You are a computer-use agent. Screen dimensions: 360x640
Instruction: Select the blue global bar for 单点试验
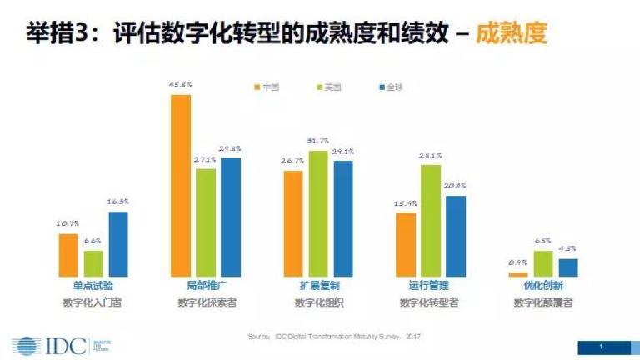click(x=118, y=243)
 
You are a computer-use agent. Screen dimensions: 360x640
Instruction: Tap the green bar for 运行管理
click(x=430, y=220)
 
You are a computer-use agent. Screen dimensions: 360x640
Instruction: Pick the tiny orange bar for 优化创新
click(x=518, y=273)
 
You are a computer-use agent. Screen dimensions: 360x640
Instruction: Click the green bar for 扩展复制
click(x=318, y=213)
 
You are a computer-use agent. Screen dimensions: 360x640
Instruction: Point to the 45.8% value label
click(x=181, y=85)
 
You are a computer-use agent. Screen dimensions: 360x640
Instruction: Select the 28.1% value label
click(x=431, y=156)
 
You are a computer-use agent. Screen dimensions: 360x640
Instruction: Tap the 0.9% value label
click(x=518, y=263)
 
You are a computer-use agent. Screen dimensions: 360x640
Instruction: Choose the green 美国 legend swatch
click(x=319, y=87)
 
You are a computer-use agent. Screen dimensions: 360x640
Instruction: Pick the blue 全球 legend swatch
click(x=381, y=87)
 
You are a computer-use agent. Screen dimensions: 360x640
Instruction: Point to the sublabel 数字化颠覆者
click(x=542, y=302)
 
